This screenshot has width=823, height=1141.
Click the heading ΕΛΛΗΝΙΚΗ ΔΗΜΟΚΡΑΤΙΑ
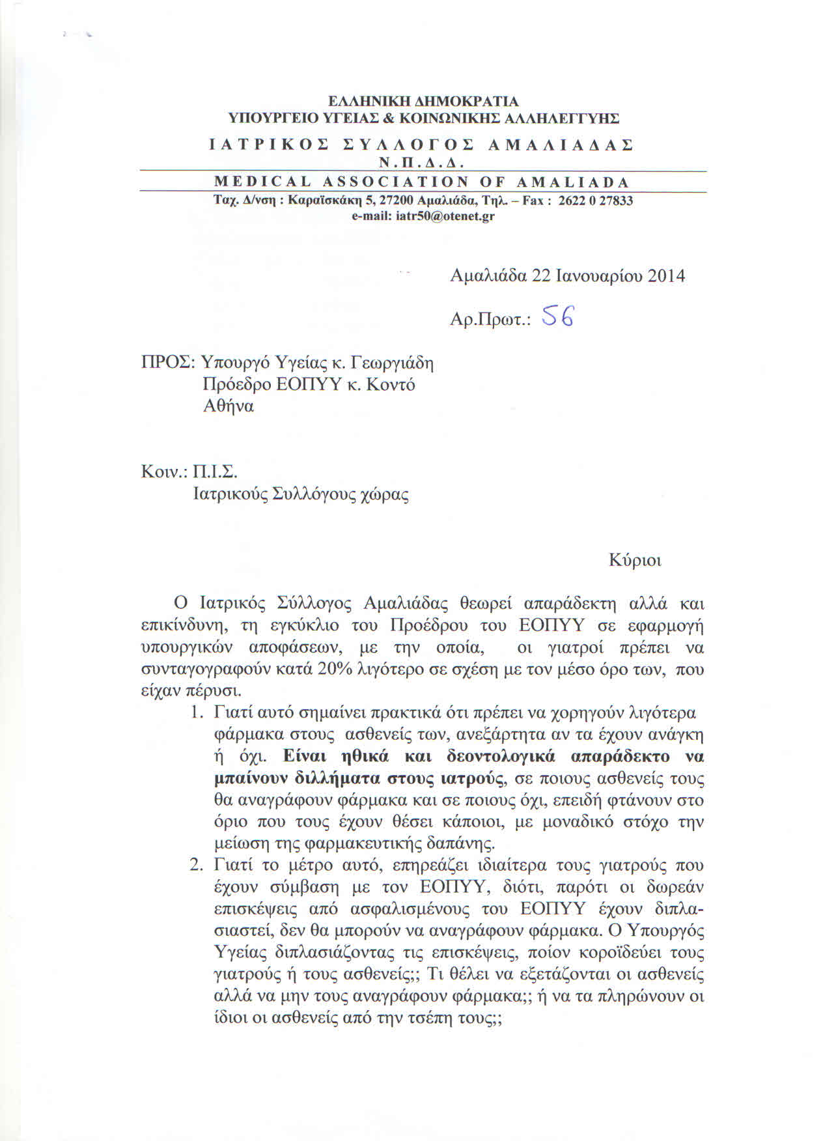423,102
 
